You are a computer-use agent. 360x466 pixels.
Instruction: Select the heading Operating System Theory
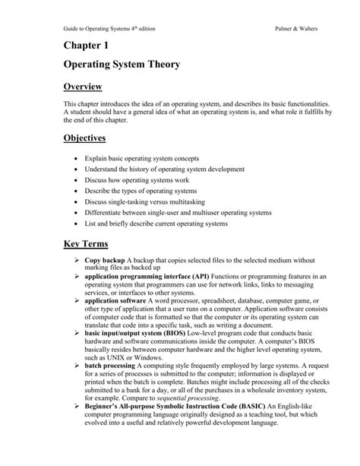pos(122,65)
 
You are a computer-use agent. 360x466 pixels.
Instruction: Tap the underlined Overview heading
pos(83,88)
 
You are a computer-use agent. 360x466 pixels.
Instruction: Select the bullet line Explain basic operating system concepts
pos(145,161)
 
